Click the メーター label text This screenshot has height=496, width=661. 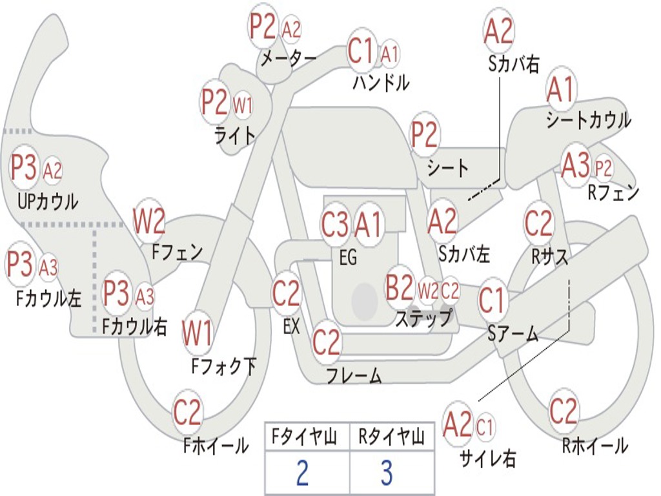click(x=287, y=59)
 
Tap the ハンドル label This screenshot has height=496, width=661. click(x=381, y=83)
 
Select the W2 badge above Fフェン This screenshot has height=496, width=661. click(x=149, y=222)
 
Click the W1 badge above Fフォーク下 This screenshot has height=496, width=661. click(x=198, y=333)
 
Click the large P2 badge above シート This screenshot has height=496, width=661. click(x=425, y=134)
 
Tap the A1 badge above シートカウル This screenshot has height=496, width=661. click(x=560, y=90)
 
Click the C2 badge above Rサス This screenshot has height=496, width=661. click(x=538, y=223)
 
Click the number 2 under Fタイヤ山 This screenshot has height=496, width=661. click(x=302, y=472)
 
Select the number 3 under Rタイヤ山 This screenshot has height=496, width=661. click(x=386, y=472)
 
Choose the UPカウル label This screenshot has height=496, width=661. click(x=47, y=201)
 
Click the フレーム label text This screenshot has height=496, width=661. click(x=354, y=375)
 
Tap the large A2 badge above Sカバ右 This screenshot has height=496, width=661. click(x=498, y=30)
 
